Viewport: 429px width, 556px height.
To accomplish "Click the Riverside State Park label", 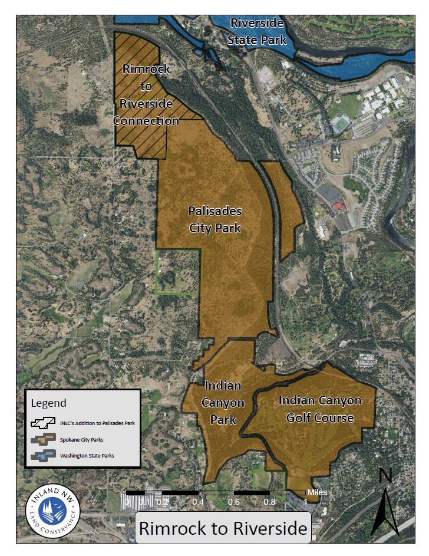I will pyautogui.click(x=258, y=32).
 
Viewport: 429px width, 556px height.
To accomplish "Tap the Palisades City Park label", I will pyautogui.click(x=215, y=219).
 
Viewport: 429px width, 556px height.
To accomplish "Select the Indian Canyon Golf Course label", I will pyautogui.click(x=319, y=409).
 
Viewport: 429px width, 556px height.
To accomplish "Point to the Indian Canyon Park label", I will pyautogui.click(x=223, y=403).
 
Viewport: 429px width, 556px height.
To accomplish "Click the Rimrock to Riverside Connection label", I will pyautogui.click(x=146, y=95).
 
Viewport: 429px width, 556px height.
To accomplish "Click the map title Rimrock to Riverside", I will pyautogui.click(x=223, y=528).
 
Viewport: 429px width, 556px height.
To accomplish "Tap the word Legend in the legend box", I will pyautogui.click(x=49, y=403).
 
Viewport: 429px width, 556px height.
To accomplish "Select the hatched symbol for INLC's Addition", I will pyautogui.click(x=43, y=423).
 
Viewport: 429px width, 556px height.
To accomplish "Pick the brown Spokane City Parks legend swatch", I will pyautogui.click(x=43, y=440).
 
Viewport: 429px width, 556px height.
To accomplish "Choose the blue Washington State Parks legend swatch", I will pyautogui.click(x=43, y=456).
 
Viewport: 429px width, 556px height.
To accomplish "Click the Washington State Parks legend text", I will pyautogui.click(x=87, y=456).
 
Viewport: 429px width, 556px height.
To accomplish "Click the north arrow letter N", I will pyautogui.click(x=385, y=475).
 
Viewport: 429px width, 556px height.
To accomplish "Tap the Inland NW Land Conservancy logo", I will pyautogui.click(x=54, y=507).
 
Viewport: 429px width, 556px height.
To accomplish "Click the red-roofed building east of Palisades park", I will pyautogui.click(x=339, y=205).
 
